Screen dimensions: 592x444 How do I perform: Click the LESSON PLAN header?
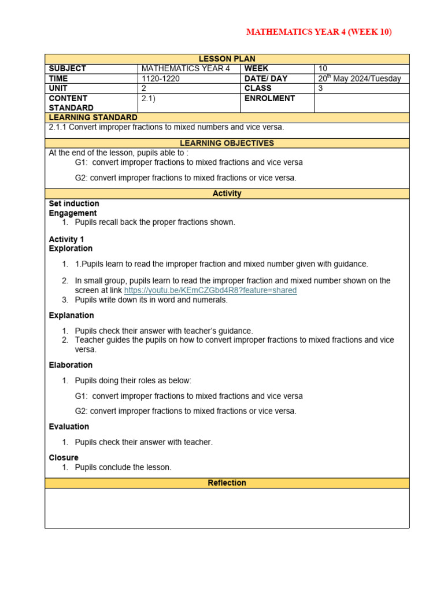click(x=227, y=59)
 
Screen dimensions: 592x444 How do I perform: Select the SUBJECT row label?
click(x=68, y=68)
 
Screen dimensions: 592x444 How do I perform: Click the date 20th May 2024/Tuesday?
click(x=359, y=79)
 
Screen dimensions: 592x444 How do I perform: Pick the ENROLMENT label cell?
click(x=269, y=98)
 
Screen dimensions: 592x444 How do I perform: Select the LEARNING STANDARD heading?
click(x=93, y=117)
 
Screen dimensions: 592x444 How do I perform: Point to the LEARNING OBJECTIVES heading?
click(x=227, y=143)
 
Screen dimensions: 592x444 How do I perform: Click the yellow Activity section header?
click(x=227, y=194)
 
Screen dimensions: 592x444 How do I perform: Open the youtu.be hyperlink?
click(x=210, y=290)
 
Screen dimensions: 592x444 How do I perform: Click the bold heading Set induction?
click(x=74, y=203)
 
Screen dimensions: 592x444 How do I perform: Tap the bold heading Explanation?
click(x=71, y=315)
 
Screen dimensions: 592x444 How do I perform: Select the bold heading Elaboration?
click(x=71, y=365)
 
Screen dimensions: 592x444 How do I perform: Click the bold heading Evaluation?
click(x=69, y=427)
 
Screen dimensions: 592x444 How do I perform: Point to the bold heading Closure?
click(x=64, y=457)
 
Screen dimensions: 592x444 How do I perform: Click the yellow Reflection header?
click(x=227, y=483)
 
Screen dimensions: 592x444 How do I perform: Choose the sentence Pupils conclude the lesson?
click(x=123, y=467)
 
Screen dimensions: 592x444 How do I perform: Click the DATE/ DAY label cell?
click(x=266, y=78)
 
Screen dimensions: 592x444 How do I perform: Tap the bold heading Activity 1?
click(x=66, y=239)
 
